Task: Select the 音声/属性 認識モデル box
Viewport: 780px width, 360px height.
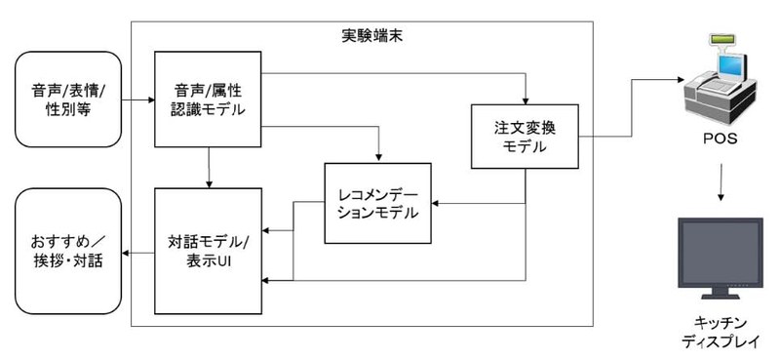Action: [x=209, y=100]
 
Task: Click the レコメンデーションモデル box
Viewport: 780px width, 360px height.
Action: [x=377, y=203]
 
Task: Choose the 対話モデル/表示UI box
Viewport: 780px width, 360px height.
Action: [x=209, y=251]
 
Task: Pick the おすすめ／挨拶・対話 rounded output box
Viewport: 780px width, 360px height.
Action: [x=66, y=251]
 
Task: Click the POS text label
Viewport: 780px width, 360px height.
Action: [x=722, y=139]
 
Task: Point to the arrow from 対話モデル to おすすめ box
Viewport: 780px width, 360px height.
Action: [x=137, y=254]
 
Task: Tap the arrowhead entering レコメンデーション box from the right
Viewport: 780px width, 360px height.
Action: [x=435, y=203]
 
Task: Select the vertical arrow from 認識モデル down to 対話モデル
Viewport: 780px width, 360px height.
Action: [x=209, y=167]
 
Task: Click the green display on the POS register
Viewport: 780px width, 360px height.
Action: [x=722, y=40]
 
